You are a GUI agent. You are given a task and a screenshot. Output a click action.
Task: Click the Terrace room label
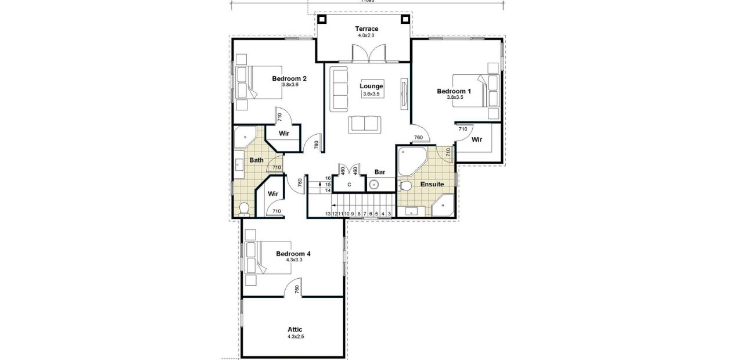pyautogui.click(x=367, y=28)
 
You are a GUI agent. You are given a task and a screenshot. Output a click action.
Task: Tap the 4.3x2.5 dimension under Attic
pyautogui.click(x=295, y=337)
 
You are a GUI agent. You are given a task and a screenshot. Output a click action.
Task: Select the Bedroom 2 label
pyautogui.click(x=289, y=78)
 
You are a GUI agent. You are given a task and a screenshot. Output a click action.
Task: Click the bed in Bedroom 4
pyautogui.click(x=258, y=257)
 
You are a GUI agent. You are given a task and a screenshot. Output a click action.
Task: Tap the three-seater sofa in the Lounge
pyautogui.click(x=339, y=89)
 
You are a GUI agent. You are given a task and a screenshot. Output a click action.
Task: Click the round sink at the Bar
pyautogui.click(x=374, y=185)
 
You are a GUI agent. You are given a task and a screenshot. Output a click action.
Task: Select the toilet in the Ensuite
pyautogui.click(x=405, y=186)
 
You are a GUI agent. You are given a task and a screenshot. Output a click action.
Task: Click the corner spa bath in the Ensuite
pyautogui.click(x=411, y=160)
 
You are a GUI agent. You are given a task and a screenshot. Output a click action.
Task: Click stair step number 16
pyautogui.click(x=328, y=178)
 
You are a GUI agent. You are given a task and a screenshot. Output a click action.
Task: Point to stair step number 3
pyautogui.click(x=389, y=214)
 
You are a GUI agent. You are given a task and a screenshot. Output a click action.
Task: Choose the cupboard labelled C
pyautogui.click(x=349, y=184)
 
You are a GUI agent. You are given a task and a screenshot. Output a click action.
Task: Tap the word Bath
pyautogui.click(x=256, y=160)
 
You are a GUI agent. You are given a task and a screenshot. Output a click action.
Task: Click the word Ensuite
pyautogui.click(x=432, y=184)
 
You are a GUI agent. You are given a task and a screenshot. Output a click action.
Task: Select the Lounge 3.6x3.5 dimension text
pyautogui.click(x=371, y=93)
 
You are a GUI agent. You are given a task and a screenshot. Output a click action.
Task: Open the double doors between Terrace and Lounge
pyautogui.click(x=368, y=55)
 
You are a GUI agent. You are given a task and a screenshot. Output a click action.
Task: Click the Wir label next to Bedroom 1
pyautogui.click(x=477, y=139)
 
